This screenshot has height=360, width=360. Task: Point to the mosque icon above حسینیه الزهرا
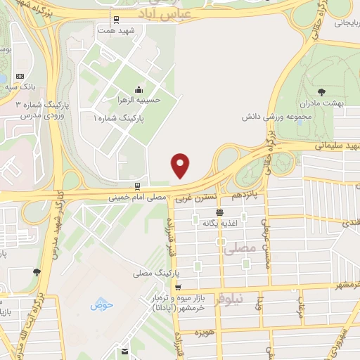pos(139,89)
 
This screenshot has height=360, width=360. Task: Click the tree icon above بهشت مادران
pos(321,91)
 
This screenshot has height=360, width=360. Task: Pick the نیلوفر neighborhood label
pos(247,298)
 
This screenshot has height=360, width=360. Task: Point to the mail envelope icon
pos(124,352)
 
